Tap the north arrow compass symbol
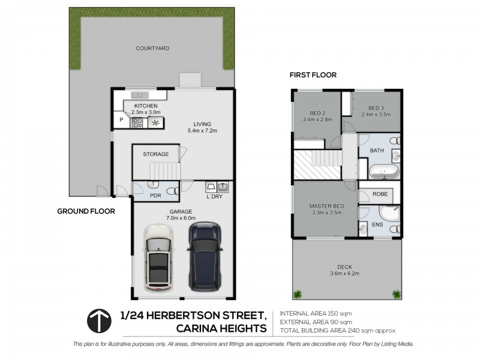tap(100, 321)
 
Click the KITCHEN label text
tap(146, 106)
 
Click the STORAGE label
tap(155, 154)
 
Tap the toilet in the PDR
tap(172, 191)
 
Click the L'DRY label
tap(215, 197)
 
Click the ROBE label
tap(380, 194)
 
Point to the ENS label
tap(379, 224)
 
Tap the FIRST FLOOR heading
tap(313, 75)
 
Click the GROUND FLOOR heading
tap(86, 211)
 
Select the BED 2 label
tap(318, 113)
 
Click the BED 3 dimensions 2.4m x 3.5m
tap(376, 113)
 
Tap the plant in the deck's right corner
tap(397, 293)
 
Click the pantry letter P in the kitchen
tap(121, 120)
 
